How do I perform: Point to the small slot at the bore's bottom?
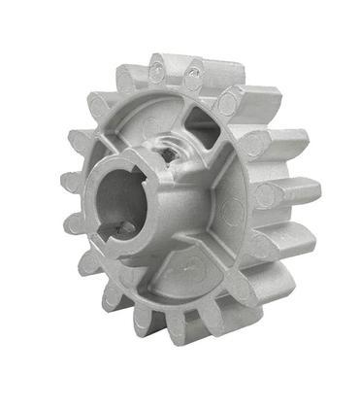[x=121, y=228]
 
